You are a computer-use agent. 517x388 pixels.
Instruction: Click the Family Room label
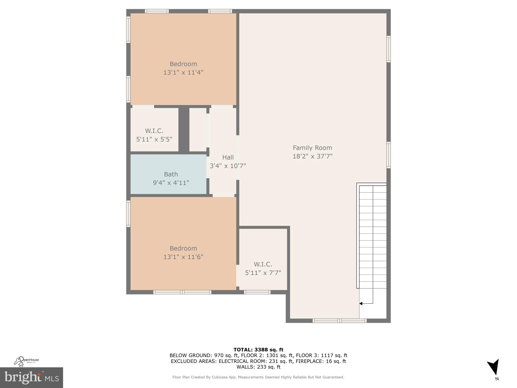312,148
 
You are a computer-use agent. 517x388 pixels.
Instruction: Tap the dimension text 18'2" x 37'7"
312,156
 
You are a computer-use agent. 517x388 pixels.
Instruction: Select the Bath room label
171,174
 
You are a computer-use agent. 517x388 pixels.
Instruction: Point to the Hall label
228,157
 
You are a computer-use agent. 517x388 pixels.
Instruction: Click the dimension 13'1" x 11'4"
183,72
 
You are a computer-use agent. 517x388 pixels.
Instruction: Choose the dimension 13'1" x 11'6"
183,257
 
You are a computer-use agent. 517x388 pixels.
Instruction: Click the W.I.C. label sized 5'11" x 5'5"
154,131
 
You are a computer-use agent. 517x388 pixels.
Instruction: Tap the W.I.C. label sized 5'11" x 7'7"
263,264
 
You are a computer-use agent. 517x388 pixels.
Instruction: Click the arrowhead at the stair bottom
361,303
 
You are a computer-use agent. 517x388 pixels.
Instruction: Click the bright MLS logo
32,378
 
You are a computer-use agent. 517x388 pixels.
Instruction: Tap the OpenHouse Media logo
26,361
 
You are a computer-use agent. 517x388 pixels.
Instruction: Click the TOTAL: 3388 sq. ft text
258,350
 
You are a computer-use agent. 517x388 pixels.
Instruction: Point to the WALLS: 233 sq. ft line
258,367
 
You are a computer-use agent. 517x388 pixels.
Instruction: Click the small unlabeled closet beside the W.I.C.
198,130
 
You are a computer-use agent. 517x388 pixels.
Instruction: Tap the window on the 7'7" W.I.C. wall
257,292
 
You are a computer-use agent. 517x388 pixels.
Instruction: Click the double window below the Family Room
339,321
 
